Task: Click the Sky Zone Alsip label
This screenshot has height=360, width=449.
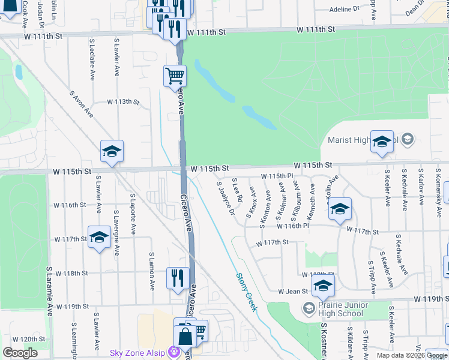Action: pyautogui.click(x=137, y=352)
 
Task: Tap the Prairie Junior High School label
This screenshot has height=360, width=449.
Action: pyautogui.click(x=334, y=308)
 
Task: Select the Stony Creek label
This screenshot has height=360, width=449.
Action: pyautogui.click(x=246, y=291)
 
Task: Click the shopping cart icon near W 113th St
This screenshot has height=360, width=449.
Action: pyautogui.click(x=175, y=77)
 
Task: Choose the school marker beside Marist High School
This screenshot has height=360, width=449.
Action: pyautogui.click(x=382, y=142)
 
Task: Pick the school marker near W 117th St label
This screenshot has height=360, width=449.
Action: pyautogui.click(x=99, y=238)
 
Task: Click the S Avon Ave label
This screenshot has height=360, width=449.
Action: pyautogui.click(x=81, y=103)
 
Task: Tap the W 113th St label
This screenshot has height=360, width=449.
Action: pyautogui.click(x=123, y=102)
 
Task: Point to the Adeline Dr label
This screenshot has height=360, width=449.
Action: pyautogui.click(x=344, y=10)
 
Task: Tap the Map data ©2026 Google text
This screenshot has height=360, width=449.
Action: pyautogui.click(x=411, y=355)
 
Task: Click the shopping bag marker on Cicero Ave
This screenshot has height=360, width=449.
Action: pyautogui.click(x=185, y=336)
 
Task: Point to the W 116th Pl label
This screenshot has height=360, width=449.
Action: pyautogui.click(x=293, y=226)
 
